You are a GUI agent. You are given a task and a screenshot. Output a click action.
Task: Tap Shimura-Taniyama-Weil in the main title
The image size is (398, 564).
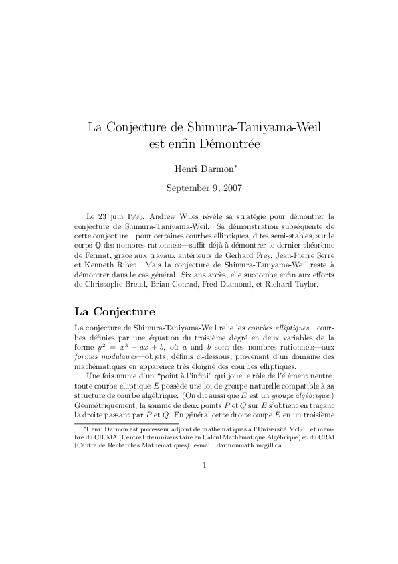248,126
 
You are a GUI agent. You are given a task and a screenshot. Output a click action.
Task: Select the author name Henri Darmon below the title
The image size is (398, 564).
198,167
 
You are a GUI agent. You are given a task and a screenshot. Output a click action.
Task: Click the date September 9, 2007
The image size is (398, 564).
199,188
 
